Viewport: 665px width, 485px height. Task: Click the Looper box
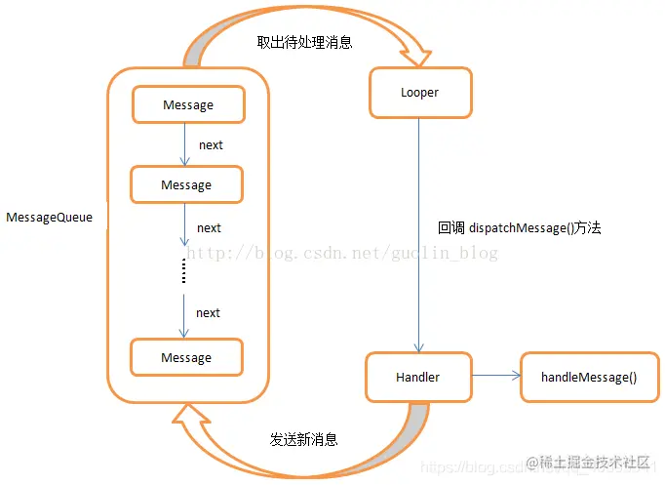point(419,93)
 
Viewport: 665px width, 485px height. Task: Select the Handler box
point(417,377)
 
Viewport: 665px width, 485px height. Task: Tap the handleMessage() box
point(584,378)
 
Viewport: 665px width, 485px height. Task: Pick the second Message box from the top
point(186,184)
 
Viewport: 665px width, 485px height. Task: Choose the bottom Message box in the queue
point(186,358)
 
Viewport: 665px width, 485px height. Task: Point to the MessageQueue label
point(49,218)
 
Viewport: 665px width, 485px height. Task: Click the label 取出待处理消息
point(303,43)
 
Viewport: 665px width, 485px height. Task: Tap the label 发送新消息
point(304,439)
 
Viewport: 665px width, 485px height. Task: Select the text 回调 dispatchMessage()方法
point(519,227)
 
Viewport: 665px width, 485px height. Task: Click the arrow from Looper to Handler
point(419,234)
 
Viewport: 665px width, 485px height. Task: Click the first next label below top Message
point(211,145)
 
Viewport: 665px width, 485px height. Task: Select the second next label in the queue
point(209,228)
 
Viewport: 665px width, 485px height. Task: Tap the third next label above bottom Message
point(208,313)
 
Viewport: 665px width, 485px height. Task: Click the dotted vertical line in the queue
point(183,273)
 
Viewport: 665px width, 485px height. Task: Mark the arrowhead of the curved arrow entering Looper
point(414,54)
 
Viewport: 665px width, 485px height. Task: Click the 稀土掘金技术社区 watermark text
point(595,462)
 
